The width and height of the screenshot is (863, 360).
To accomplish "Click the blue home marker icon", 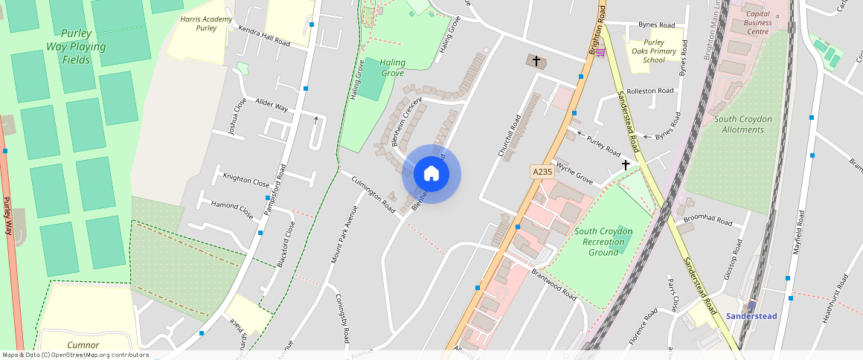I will pos(431,174).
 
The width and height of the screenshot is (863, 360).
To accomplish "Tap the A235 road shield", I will pos(542,172).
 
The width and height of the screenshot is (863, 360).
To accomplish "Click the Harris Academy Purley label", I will pos(206,23).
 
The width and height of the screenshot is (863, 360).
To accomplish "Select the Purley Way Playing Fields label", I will pos(76,46).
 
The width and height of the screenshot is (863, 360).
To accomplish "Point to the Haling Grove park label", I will pos(391,68).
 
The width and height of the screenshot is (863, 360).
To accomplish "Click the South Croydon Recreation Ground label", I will pos(603,242).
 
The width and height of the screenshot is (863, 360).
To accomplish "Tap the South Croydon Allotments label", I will pos(743,124).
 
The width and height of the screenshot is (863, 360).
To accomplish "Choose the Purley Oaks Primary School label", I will pos(654,51).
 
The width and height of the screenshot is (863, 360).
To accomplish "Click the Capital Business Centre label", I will pos(757,23).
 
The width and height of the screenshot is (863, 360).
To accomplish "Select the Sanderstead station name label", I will pos(751,316).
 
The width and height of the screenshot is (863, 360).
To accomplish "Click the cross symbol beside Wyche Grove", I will pos(626,164).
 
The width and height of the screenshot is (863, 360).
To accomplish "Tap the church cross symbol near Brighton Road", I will pos(536,60).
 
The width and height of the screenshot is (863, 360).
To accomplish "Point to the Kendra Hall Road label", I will pos(263,36).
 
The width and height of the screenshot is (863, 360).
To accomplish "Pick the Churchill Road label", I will pos(510,135).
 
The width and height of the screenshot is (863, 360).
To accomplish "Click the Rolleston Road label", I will pos(650,91).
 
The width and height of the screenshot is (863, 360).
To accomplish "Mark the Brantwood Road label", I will pos(554,284).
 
